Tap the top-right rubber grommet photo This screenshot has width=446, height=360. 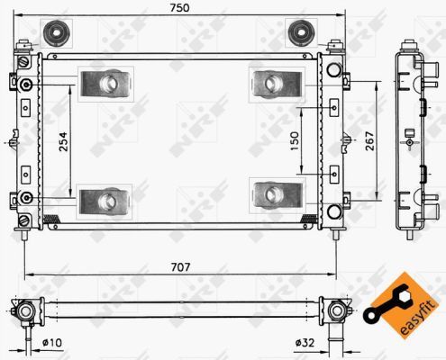point(299,33)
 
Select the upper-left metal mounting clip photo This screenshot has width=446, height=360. point(105,85)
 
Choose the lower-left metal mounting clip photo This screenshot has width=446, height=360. point(105,197)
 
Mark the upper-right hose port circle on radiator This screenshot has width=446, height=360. point(334,70)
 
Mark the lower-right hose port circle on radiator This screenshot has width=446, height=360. point(334,212)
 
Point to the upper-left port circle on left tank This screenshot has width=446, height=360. point(28,85)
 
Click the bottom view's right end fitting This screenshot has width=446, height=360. point(338,312)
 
